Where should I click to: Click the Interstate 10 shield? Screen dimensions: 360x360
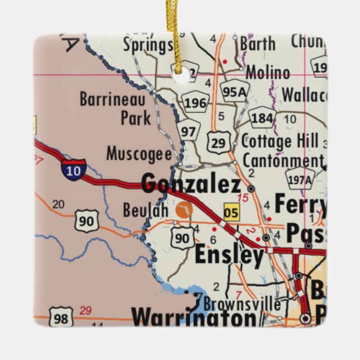pyautogui.click(x=73, y=169)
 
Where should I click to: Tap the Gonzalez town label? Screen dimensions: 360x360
pyautogui.click(x=191, y=183)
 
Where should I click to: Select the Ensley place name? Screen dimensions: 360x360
pyautogui.click(x=229, y=256)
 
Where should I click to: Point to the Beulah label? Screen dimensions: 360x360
pyautogui.click(x=145, y=210)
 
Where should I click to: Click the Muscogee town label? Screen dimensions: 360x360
pyautogui.click(x=138, y=152)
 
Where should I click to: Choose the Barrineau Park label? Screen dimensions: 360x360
pyautogui.click(x=115, y=108)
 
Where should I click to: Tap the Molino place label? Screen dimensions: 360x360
pyautogui.click(x=268, y=73)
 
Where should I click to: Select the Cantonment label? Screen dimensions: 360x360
pyautogui.click(x=282, y=160)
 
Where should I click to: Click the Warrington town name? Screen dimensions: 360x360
pyautogui.click(x=193, y=319)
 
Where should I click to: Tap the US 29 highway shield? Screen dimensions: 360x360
pyautogui.click(x=218, y=142)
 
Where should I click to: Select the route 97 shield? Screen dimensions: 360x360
pyautogui.click(x=189, y=132)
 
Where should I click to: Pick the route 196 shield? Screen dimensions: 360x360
pyautogui.click(x=195, y=103)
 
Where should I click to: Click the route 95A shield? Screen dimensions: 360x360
pyautogui.click(x=234, y=91)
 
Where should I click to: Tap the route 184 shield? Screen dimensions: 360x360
pyautogui.click(x=262, y=118)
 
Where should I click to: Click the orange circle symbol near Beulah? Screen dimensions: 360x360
pyautogui.click(x=183, y=210)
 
